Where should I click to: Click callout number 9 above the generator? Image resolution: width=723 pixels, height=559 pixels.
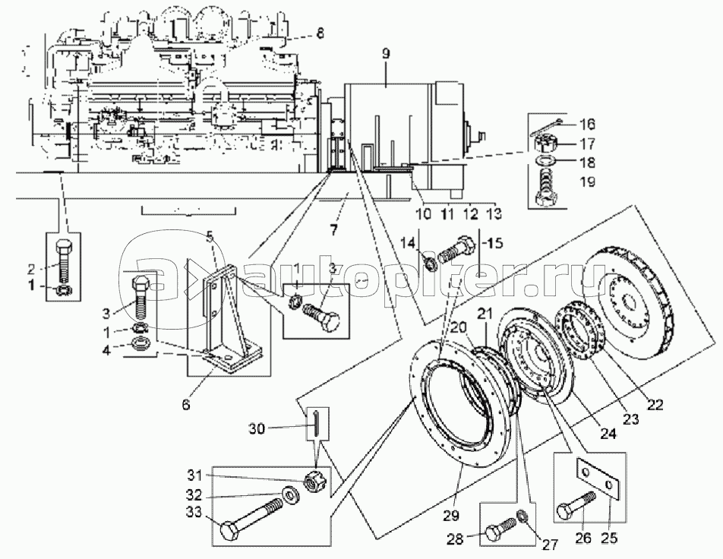pyautogui.click(x=386, y=53)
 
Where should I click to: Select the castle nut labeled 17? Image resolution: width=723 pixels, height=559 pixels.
pyautogui.click(x=548, y=144)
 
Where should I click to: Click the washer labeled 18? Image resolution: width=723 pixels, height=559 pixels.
pyautogui.click(x=548, y=163)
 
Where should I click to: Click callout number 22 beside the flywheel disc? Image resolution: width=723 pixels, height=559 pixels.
pyautogui.click(x=654, y=405)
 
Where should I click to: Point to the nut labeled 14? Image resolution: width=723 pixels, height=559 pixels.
pyautogui.click(x=431, y=265)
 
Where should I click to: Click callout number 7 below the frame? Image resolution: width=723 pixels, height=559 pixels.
pyautogui.click(x=333, y=230)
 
